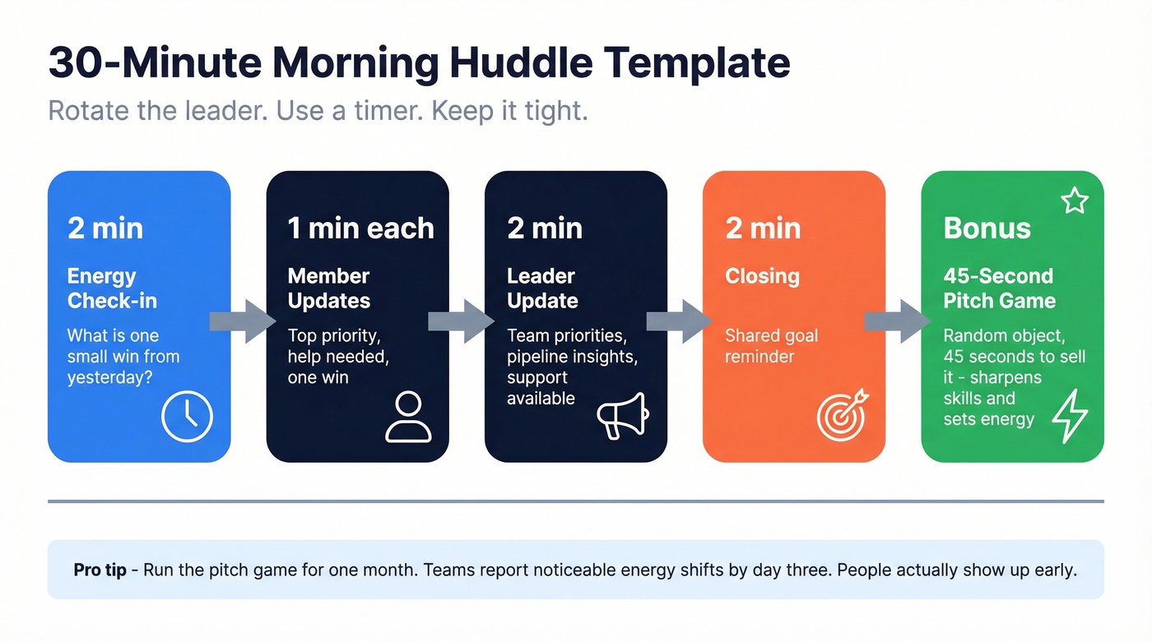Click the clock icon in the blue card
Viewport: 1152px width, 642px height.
(x=187, y=417)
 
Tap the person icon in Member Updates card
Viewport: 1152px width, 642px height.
(x=408, y=417)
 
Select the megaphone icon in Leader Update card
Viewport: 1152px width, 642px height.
(x=622, y=416)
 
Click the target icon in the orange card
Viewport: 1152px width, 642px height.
(x=842, y=415)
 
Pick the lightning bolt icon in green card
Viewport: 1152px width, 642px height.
(x=1070, y=416)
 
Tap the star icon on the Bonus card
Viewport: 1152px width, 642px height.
(x=1075, y=201)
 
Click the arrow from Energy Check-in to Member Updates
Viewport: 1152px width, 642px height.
(x=243, y=321)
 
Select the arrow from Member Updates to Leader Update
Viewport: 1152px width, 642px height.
(x=461, y=321)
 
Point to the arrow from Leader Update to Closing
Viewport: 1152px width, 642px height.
(x=680, y=321)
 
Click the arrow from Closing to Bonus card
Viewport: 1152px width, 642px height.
(x=898, y=321)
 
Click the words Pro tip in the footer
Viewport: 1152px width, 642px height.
(x=100, y=570)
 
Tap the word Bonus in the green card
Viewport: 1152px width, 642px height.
(x=987, y=228)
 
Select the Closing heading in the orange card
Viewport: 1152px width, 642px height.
(x=762, y=276)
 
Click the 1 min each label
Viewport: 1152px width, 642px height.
(x=360, y=228)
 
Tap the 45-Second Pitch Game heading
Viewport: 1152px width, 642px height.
(x=999, y=289)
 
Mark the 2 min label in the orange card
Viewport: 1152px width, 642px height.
(x=763, y=228)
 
